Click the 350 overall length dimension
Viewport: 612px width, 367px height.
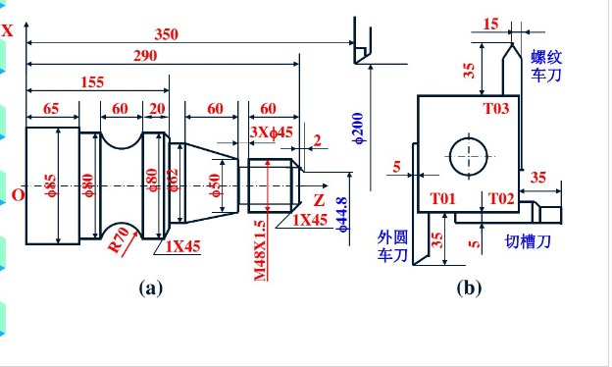(x=167, y=34)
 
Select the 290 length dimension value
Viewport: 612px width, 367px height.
(x=145, y=56)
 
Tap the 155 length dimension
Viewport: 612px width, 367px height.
(x=92, y=82)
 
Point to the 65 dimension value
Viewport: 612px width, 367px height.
(x=51, y=109)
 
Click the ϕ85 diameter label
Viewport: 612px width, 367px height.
(x=51, y=185)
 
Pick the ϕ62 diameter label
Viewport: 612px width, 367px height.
(x=173, y=180)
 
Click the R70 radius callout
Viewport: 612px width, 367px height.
(x=119, y=239)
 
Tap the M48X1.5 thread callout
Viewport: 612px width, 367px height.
(x=260, y=250)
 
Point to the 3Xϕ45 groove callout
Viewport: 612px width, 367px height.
(x=272, y=132)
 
